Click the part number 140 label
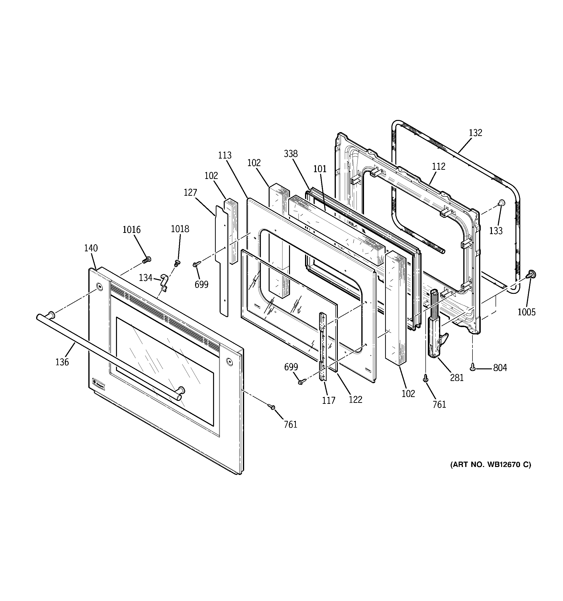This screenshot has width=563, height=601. coord(91,248)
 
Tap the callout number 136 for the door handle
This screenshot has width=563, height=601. coord(62,362)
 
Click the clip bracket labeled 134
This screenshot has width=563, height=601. coord(164,282)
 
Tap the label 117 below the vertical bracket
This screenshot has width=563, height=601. coord(329,400)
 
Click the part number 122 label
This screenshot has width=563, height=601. coord(355,399)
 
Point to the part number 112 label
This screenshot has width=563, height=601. coord(438,166)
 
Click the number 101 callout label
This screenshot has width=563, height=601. coord(320,169)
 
